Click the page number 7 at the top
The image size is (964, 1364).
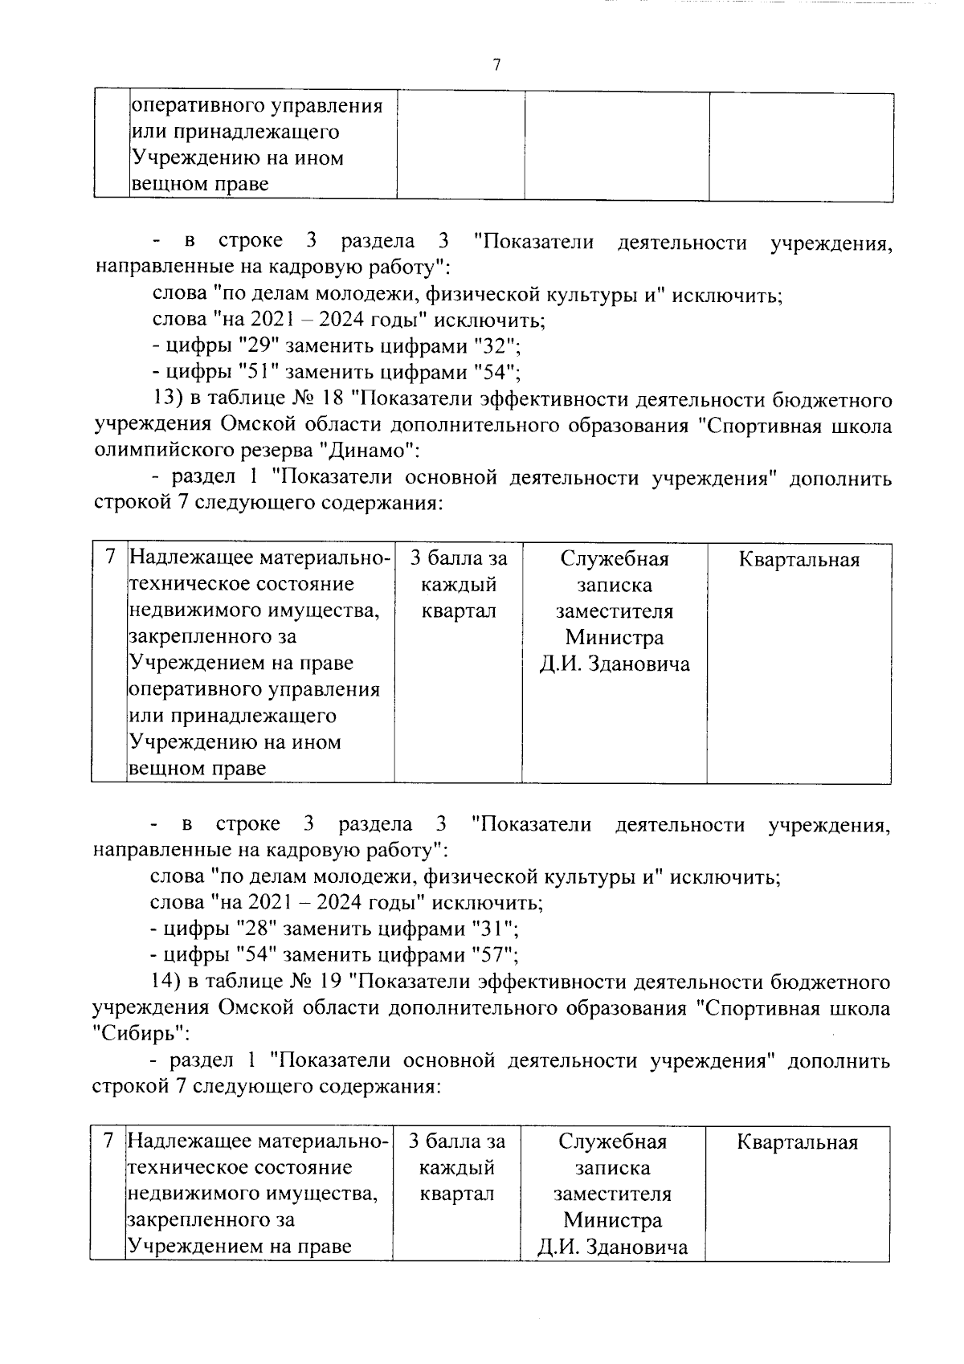pyautogui.click(x=496, y=65)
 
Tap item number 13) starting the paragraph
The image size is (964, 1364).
pyautogui.click(x=167, y=399)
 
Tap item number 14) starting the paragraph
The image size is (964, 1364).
pyautogui.click(x=165, y=982)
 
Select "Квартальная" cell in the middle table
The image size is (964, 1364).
pyautogui.click(x=799, y=560)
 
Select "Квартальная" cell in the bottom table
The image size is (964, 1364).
pyautogui.click(x=797, y=1142)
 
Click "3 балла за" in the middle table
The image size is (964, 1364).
pyautogui.click(x=459, y=558)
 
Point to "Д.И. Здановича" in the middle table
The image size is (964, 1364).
pyautogui.click(x=615, y=664)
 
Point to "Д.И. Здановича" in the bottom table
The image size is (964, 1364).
pyautogui.click(x=613, y=1248)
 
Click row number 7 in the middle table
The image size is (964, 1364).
pyautogui.click(x=110, y=557)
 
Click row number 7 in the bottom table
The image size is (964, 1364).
pyautogui.click(x=108, y=1140)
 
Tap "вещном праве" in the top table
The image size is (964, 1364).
pyautogui.click(x=199, y=185)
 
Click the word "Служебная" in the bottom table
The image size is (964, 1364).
pyautogui.click(x=613, y=1141)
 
